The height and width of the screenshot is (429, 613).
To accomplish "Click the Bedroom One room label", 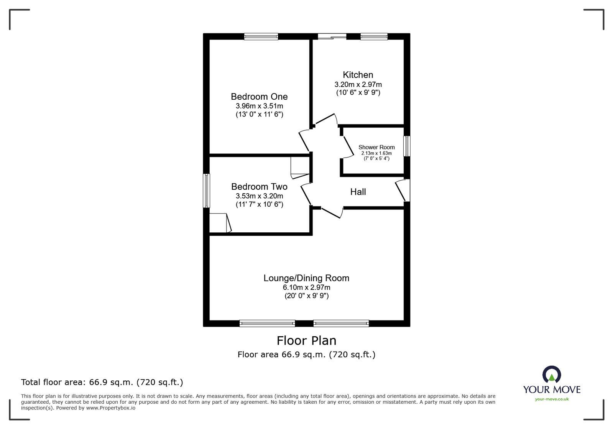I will coord(259,97).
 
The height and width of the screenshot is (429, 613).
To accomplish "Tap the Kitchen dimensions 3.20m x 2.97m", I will coord(358,84).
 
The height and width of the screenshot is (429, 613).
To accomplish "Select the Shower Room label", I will coord(376,147).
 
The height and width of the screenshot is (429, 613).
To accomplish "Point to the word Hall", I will coord(358,192).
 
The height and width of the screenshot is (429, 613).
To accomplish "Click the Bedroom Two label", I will coord(259,187).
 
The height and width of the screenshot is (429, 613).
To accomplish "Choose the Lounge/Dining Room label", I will coord(306,278).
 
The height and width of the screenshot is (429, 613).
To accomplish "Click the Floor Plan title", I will coord(306,340).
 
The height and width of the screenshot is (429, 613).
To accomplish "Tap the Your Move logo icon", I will coord(551,375).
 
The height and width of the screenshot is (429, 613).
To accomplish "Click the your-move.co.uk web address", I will coord(551,399).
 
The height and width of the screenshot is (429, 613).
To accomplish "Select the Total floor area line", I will coord(102,382).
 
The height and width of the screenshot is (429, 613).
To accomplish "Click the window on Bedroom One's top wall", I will coord(261,37).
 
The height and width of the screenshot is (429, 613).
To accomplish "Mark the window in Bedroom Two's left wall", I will coord(206,191).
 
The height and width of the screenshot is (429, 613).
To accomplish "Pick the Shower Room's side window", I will coord(407,146).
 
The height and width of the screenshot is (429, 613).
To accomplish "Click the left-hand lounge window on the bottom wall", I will coord(267,324).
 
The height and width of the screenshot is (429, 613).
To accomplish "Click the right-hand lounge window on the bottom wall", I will coord(341,324).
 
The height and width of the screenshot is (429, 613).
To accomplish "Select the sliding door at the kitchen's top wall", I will coord(332,37).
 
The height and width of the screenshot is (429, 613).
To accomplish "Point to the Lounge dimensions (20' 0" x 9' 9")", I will coord(306,296).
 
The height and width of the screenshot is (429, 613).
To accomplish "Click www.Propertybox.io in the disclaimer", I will coord(110,408).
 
